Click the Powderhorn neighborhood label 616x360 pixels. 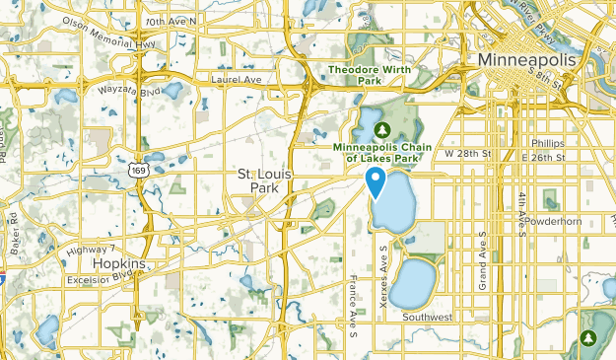[554, 221]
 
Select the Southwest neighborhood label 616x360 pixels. [427, 317]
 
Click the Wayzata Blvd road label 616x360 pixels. [129, 90]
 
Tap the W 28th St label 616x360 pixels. [467, 155]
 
